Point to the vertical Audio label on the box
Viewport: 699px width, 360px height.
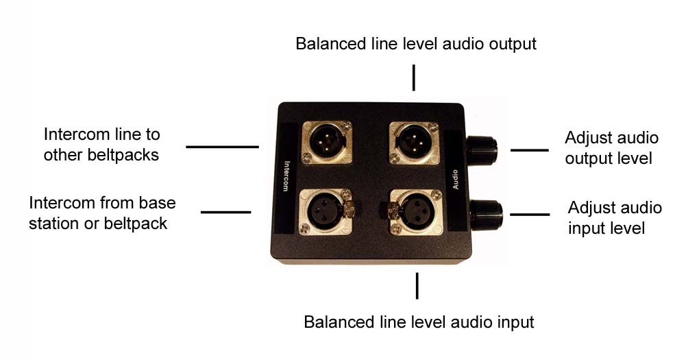[455, 176]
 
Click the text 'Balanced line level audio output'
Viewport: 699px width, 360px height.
[415, 44]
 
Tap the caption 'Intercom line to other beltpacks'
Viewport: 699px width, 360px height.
[101, 145]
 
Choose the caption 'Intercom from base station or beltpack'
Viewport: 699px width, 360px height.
[102, 213]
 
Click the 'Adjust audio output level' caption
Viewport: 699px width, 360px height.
[611, 148]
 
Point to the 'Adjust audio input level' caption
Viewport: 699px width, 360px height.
[615, 217]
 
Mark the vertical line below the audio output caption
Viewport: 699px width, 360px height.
[413, 77]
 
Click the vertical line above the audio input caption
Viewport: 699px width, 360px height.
[417, 285]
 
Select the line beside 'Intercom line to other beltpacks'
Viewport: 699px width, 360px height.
[222, 146]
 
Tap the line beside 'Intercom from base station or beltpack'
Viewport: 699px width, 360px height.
[225, 212]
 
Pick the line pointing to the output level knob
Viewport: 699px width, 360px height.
[530, 149]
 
